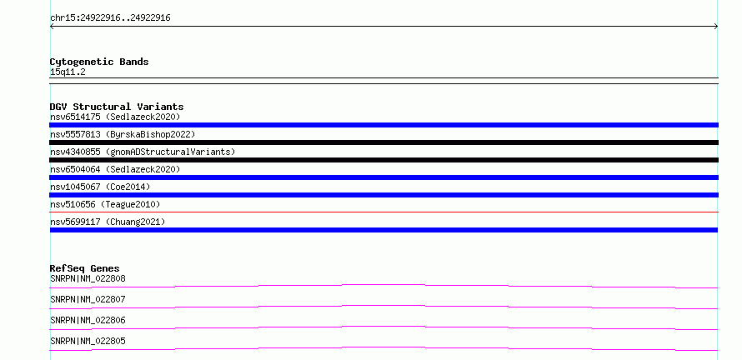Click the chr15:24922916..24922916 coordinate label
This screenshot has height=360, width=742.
pyautogui.click(x=110, y=18)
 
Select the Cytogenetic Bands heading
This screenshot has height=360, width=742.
pyautogui.click(x=99, y=62)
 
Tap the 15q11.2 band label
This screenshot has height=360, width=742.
pyautogui.click(x=68, y=72)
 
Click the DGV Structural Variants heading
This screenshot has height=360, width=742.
pyautogui.click(x=117, y=107)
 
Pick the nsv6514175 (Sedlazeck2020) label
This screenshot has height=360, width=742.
pyautogui.click(x=115, y=117)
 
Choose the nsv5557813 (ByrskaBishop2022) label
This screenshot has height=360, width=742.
pyautogui.click(x=123, y=134)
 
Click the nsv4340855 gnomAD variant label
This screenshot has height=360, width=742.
pyautogui.click(x=143, y=152)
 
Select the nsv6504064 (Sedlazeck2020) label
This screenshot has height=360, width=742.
pyautogui.click(x=115, y=169)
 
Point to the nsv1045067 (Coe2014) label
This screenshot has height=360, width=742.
pyautogui.click(x=100, y=187)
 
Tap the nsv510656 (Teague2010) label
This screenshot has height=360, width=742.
pyautogui.click(x=105, y=204)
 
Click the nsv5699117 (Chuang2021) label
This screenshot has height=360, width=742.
pyautogui.click(x=108, y=222)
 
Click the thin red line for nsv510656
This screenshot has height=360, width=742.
pyautogui.click(x=384, y=212)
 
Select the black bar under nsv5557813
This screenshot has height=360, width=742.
pyautogui.click(x=384, y=142)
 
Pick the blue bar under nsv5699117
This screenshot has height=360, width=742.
pyautogui.click(x=384, y=230)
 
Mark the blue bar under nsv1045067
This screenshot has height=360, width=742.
pyautogui.click(x=384, y=195)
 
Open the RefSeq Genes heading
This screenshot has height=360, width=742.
pyautogui.click(x=85, y=268)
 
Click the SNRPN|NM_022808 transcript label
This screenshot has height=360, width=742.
pyautogui.click(x=88, y=278)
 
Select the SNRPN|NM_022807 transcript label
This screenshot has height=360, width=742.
pyautogui.click(x=88, y=299)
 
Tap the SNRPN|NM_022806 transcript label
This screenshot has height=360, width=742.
pyautogui.click(x=88, y=320)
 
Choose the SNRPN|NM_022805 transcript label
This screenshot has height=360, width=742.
pyautogui.click(x=88, y=341)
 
